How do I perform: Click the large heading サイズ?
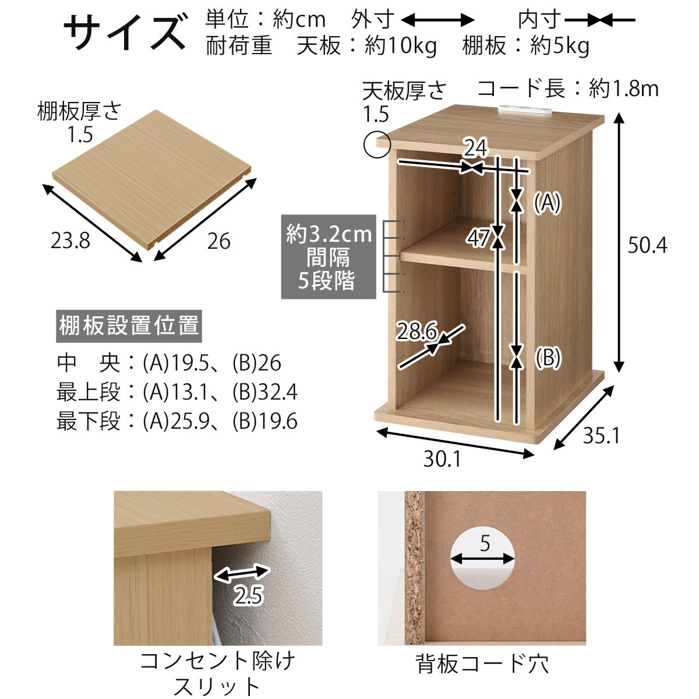tap(124, 32)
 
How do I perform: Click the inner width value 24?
tap(475, 149)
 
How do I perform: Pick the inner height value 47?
tap(479, 238)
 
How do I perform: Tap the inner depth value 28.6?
tap(416, 332)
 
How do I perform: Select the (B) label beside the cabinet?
tap(547, 357)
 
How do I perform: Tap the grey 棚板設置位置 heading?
tap(129, 326)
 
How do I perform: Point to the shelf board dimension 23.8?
tap(70, 241)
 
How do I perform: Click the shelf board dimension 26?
tap(218, 241)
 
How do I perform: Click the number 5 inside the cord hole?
tap(485, 543)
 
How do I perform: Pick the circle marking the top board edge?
tap(376, 144)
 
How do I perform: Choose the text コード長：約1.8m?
tap(568, 89)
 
